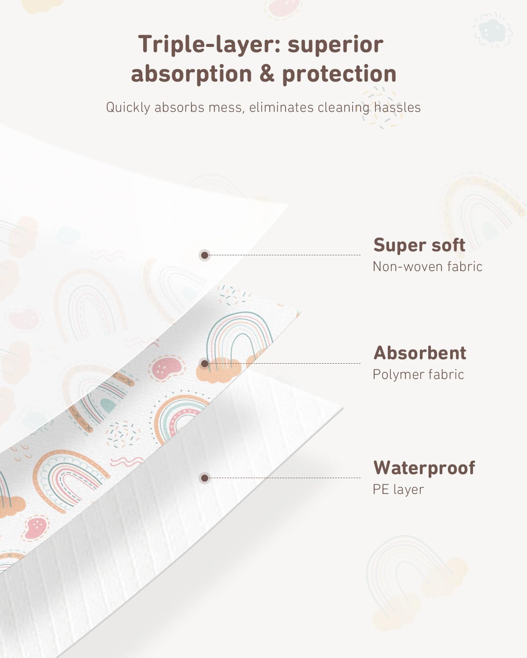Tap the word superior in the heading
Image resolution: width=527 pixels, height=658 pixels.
[336, 44]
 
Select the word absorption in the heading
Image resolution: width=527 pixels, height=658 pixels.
[191, 74]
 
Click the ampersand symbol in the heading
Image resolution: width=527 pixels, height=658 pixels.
[267, 74]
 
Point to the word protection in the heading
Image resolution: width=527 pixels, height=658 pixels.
[339, 74]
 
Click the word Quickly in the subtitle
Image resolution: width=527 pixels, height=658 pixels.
[128, 107]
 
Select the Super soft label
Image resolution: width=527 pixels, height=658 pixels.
[419, 245]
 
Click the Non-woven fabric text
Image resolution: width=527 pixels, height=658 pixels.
[427, 267]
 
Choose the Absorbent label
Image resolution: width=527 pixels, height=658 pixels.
[420, 353]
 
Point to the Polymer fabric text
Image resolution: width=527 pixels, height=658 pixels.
[418, 375]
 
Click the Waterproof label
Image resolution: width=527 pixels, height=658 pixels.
[424, 468]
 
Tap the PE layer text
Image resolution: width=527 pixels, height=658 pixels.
[398, 490]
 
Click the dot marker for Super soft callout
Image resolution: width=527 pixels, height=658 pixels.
[205, 255]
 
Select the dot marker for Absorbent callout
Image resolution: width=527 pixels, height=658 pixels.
[205, 364]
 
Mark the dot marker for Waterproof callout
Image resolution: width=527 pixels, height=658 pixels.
[205, 478]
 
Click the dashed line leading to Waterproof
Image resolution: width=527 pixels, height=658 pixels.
[285, 478]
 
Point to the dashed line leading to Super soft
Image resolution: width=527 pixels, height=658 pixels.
[285, 255]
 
